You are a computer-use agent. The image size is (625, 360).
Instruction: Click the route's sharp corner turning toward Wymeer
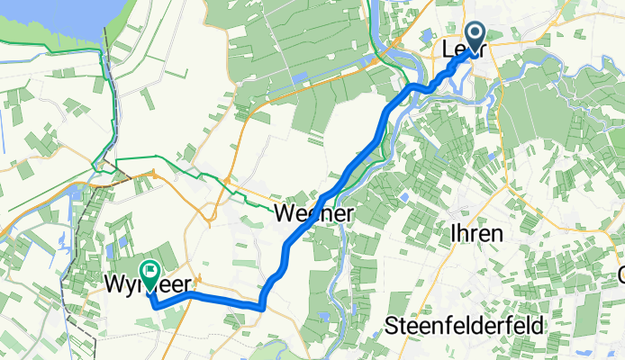click(261, 307)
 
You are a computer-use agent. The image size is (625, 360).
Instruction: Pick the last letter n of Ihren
click(496, 233)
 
